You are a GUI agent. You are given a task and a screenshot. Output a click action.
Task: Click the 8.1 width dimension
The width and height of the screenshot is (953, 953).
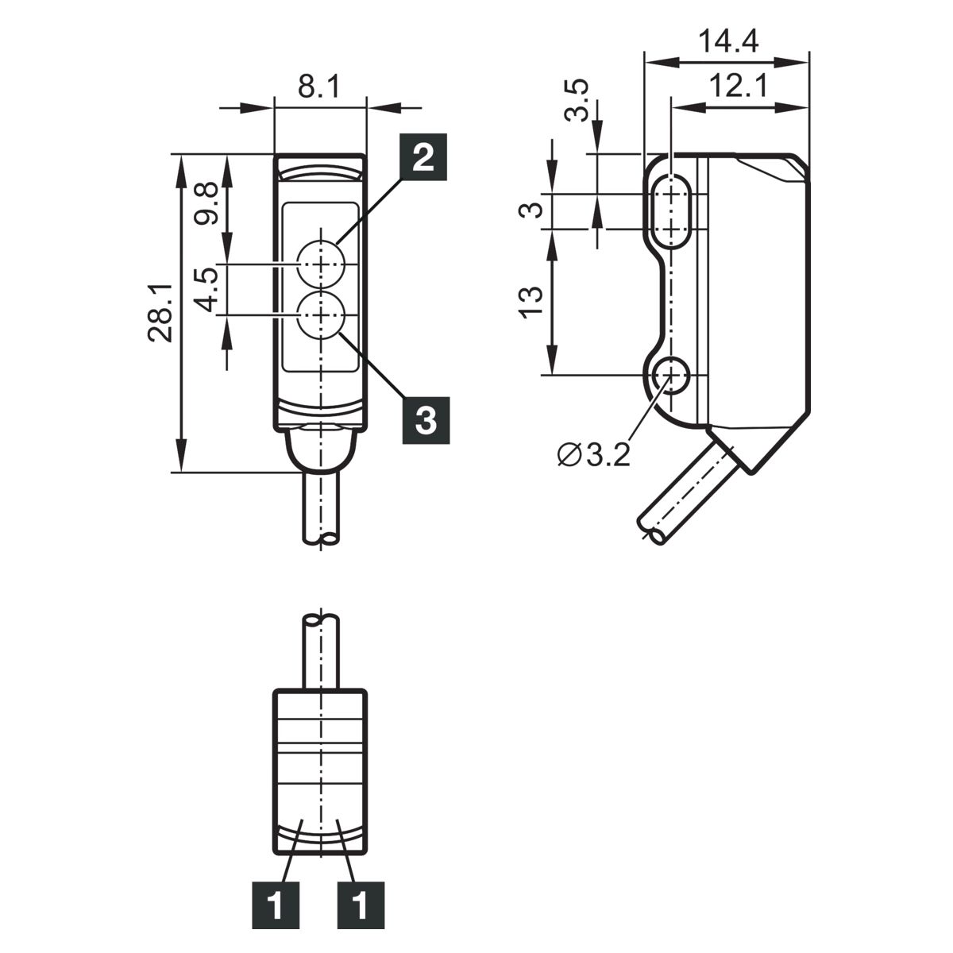coord(319,87)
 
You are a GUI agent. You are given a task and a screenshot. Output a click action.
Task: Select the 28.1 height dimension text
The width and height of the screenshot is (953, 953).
coord(160,313)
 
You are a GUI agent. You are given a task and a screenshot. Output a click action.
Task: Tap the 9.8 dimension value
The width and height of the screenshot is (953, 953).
coord(205,203)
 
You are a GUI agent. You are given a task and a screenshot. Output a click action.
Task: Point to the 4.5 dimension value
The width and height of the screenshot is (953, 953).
coord(205,289)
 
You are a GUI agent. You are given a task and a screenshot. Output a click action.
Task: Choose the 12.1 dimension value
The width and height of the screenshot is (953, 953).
coord(739,86)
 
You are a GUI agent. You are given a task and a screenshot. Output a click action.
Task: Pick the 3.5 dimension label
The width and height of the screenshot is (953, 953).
coord(577,100)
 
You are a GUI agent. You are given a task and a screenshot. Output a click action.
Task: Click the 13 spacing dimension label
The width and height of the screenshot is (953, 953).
coord(531,302)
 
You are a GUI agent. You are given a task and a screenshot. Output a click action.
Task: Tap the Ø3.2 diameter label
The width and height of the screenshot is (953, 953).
coord(593,455)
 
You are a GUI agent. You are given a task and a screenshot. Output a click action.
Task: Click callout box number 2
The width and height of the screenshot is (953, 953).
coord(423,156)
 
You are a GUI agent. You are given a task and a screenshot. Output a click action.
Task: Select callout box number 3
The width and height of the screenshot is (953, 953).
coord(426,420)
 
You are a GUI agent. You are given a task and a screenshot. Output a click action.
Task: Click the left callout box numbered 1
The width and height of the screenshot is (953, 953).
coord(276,905)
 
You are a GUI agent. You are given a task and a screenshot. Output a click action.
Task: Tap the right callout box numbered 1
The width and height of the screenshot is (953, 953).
coord(361,905)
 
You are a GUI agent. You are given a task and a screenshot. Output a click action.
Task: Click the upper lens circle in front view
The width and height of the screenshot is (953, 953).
coord(321,264)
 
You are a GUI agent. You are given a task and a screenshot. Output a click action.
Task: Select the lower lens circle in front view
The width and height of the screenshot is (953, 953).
coord(321,314)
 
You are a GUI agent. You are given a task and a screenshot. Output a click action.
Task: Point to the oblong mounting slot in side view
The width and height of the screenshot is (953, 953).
coord(670,210)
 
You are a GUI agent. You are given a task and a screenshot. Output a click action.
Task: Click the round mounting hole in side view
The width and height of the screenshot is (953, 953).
coord(670,375)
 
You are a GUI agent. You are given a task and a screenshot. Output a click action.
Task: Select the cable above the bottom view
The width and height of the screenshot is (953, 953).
coord(321,651)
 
